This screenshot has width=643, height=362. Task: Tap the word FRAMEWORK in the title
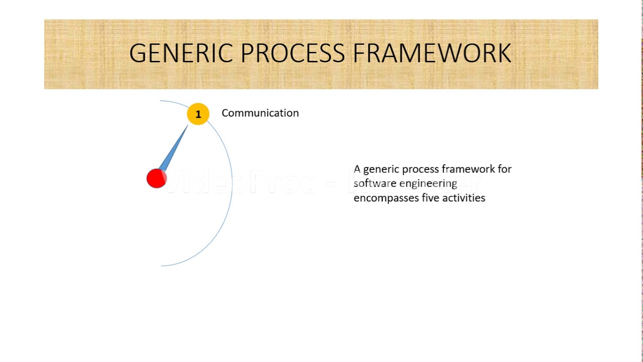[x=432, y=53]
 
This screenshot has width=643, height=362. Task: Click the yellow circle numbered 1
[x=198, y=114]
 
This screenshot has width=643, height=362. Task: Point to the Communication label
[x=260, y=113]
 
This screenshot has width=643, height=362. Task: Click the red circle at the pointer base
[x=156, y=178]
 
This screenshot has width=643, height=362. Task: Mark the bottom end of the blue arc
[x=162, y=265]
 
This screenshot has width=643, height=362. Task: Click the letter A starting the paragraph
[x=357, y=169]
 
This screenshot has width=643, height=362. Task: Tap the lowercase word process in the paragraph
[x=419, y=169]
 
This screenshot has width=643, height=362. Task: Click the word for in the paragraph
[x=504, y=169]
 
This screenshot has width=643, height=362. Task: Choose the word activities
[x=464, y=198]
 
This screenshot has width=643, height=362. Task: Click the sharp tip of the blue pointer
[x=187, y=126]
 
